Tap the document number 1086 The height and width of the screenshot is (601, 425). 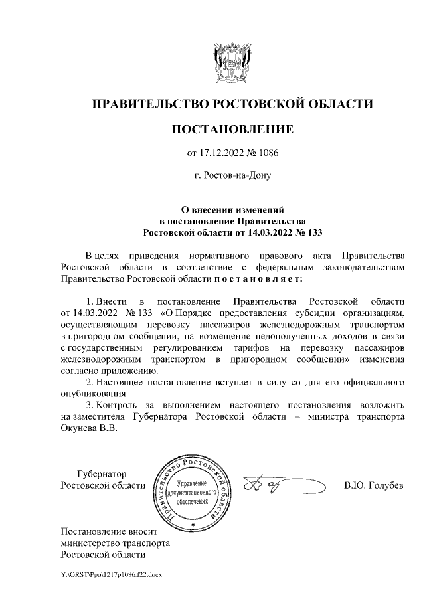[x=268, y=154]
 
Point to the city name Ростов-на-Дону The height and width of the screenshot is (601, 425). [x=232, y=177]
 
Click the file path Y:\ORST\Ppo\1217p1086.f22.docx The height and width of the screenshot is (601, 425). [x=106, y=573]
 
